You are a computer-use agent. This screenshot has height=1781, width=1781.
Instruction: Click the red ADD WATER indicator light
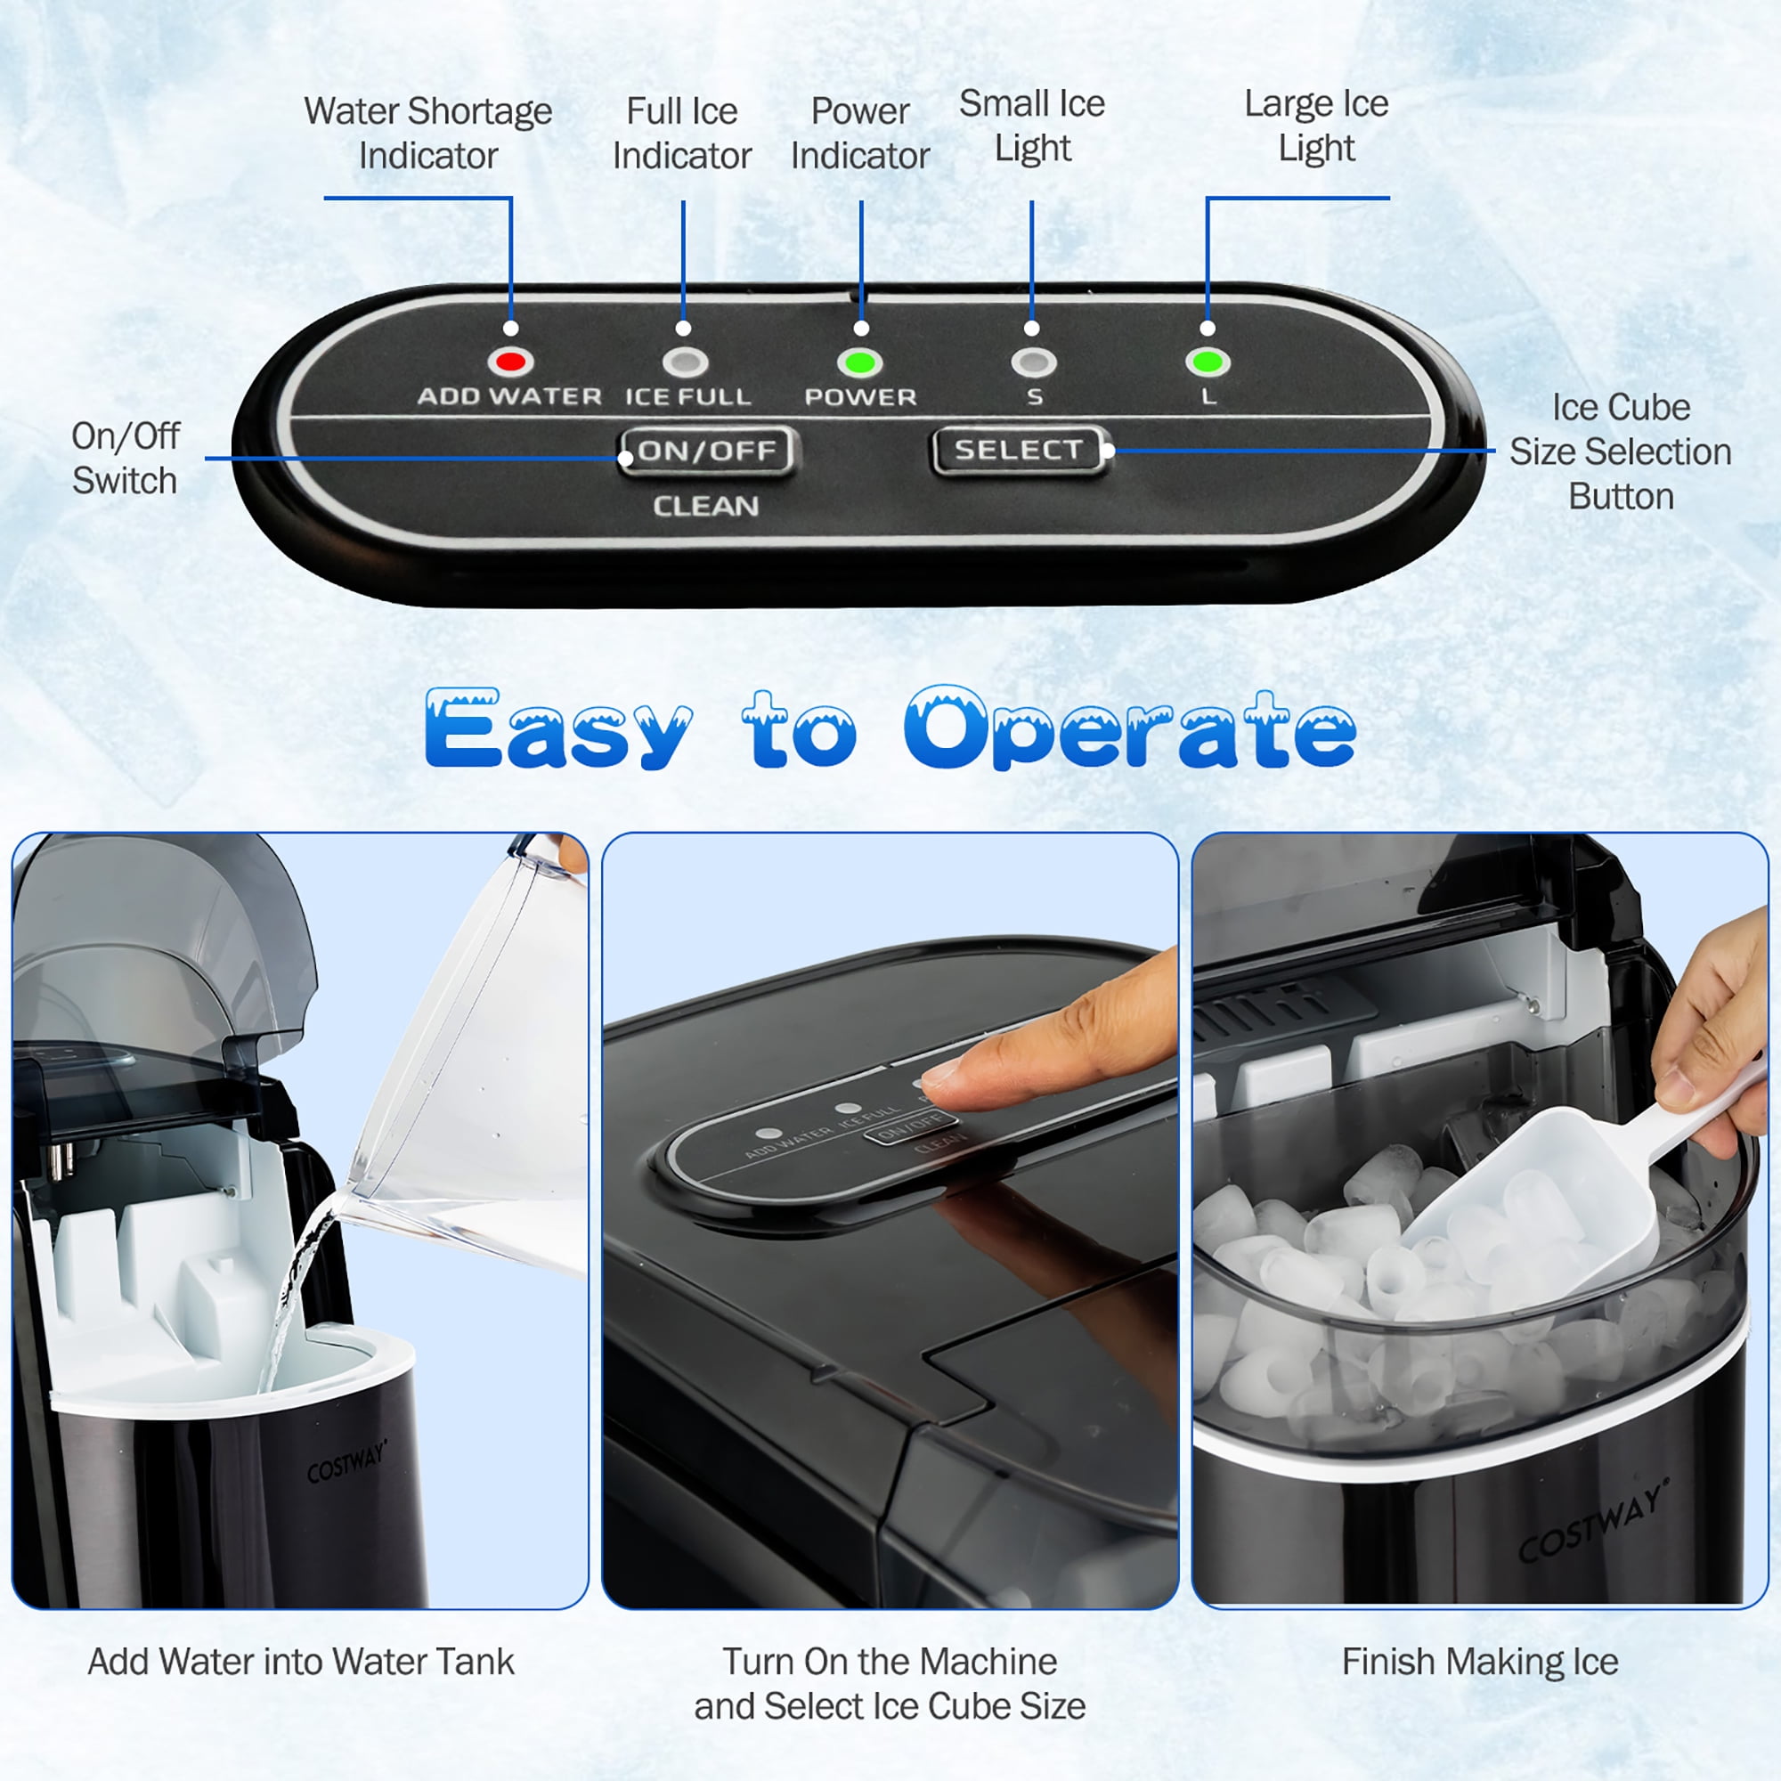point(510,362)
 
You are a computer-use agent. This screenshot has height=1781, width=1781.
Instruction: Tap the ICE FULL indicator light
point(685,362)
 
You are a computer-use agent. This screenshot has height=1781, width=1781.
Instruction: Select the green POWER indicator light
point(859,362)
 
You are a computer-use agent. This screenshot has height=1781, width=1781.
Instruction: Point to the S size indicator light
point(1032,362)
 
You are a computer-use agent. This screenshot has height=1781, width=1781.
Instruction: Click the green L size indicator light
point(1207,362)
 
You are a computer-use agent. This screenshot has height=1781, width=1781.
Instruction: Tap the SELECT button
point(1019,451)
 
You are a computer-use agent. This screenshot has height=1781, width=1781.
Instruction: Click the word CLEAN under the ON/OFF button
point(706,506)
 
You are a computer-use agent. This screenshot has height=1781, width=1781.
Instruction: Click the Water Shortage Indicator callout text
point(428,133)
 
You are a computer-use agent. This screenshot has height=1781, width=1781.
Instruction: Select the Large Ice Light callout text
point(1316,126)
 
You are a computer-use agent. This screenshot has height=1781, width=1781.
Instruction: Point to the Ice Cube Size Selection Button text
point(1621,451)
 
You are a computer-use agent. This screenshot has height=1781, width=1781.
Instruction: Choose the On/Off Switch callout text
point(126,458)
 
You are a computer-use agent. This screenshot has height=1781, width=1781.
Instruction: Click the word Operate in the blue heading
point(1130,729)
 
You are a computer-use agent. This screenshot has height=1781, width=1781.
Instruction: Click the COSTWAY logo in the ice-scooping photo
point(1594,1521)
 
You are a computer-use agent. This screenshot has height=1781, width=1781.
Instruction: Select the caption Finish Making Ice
point(1479,1662)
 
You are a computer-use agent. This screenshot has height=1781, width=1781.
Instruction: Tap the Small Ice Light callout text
point(1032,126)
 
